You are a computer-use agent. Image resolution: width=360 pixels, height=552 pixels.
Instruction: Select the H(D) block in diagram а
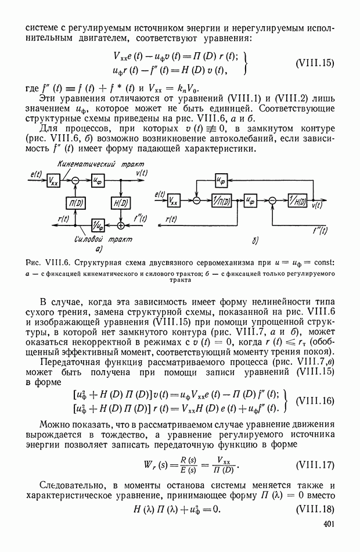120,202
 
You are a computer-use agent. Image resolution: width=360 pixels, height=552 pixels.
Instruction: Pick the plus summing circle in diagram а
120,224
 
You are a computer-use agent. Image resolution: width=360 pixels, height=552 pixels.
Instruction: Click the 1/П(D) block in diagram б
222,201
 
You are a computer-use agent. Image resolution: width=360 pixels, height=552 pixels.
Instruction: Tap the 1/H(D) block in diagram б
297,201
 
